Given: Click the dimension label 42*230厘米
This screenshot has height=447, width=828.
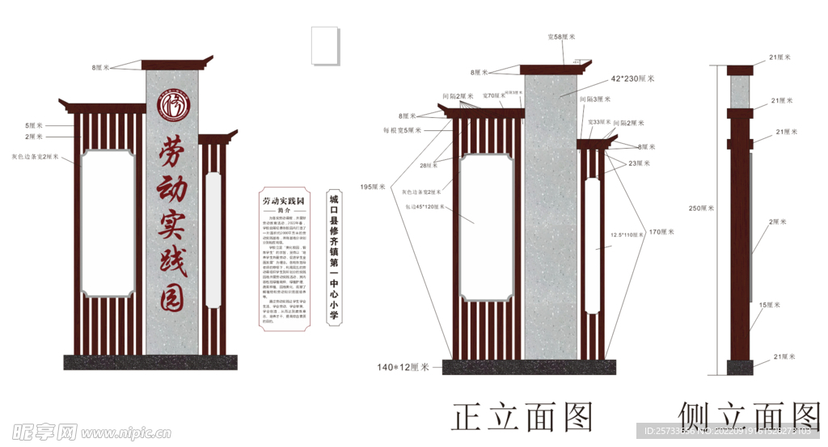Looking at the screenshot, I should click(632, 78).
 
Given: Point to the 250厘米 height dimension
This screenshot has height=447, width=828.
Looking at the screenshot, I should click(701, 209).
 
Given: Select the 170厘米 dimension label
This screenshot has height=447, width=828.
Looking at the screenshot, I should click(661, 232).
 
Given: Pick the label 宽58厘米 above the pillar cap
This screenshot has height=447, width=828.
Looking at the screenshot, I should click(561, 36).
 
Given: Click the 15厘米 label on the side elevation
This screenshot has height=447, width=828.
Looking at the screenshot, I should click(769, 305).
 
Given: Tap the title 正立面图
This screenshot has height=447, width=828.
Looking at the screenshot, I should click(522, 417).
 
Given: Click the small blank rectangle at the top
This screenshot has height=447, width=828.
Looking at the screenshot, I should click(326, 47).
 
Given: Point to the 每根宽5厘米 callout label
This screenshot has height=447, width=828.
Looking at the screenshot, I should click(403, 129).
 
